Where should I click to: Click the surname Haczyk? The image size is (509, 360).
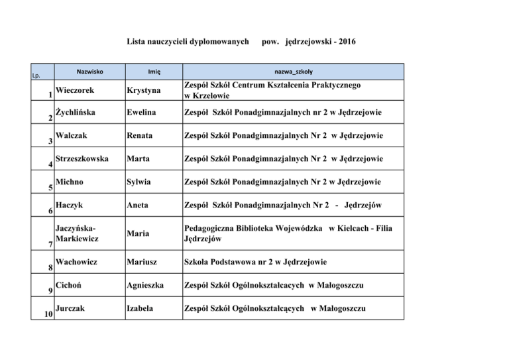70,204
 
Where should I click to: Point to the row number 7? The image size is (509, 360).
51,245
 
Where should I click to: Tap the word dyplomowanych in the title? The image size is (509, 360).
215,42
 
